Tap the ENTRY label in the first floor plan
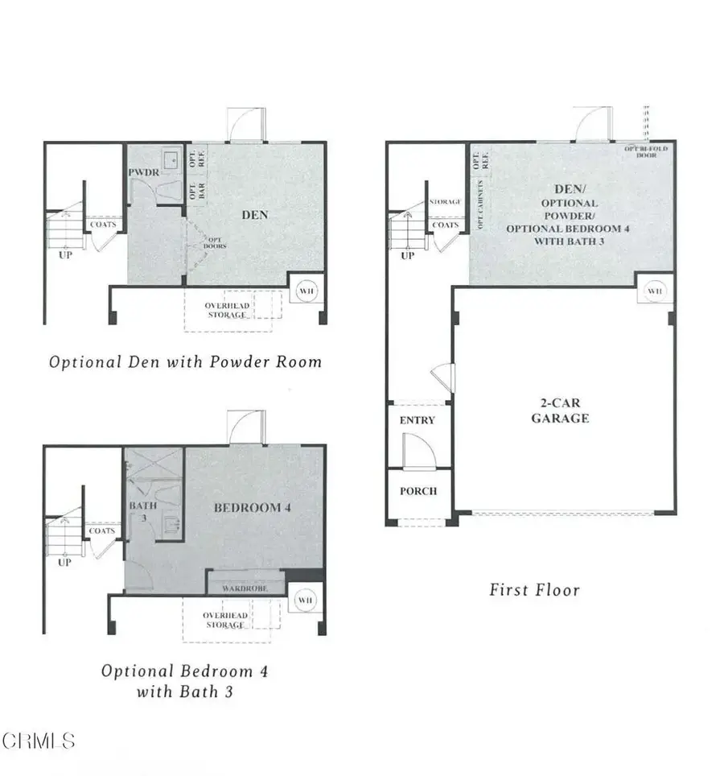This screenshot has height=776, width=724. tap(417, 420)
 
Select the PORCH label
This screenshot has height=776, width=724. tap(418, 491)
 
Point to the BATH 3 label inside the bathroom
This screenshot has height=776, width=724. tap(138, 512)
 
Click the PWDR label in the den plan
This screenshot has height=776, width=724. tap(141, 173)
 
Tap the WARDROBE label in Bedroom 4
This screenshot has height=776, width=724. tap(245, 588)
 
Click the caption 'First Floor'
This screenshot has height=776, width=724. tap(534, 590)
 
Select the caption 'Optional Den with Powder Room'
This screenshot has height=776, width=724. tap(185, 362)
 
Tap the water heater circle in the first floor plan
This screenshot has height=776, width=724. tap(655, 290)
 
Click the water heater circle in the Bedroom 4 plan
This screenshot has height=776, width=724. tap(305, 601)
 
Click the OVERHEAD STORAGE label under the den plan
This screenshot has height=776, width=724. tap(225, 310)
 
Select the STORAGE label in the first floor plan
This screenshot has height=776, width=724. tap(445, 202)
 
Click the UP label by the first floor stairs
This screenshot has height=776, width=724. tap(407, 256)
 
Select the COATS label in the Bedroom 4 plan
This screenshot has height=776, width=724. tap(101, 531)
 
